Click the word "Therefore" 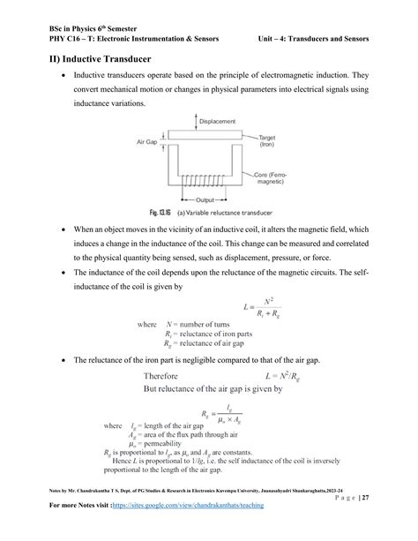[x=170, y=377]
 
